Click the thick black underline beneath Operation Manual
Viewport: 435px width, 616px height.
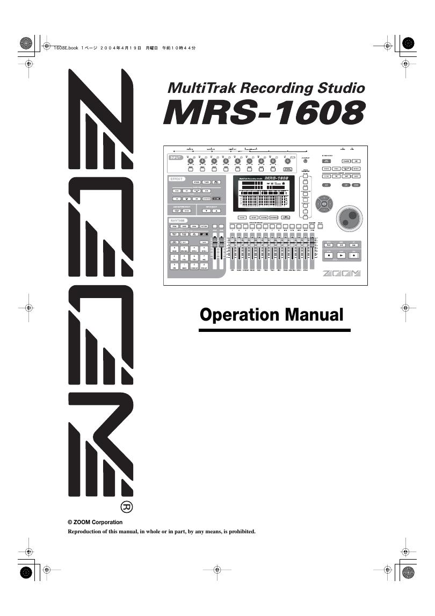(x=274, y=330)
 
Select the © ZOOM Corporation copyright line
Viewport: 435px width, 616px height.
(x=95, y=522)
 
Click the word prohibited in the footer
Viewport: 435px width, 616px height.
(x=239, y=532)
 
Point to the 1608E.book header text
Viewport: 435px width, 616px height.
(x=66, y=48)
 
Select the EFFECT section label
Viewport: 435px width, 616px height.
(x=178, y=178)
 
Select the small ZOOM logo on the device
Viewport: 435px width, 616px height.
(x=341, y=274)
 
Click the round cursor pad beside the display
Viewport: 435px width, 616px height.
(x=324, y=204)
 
